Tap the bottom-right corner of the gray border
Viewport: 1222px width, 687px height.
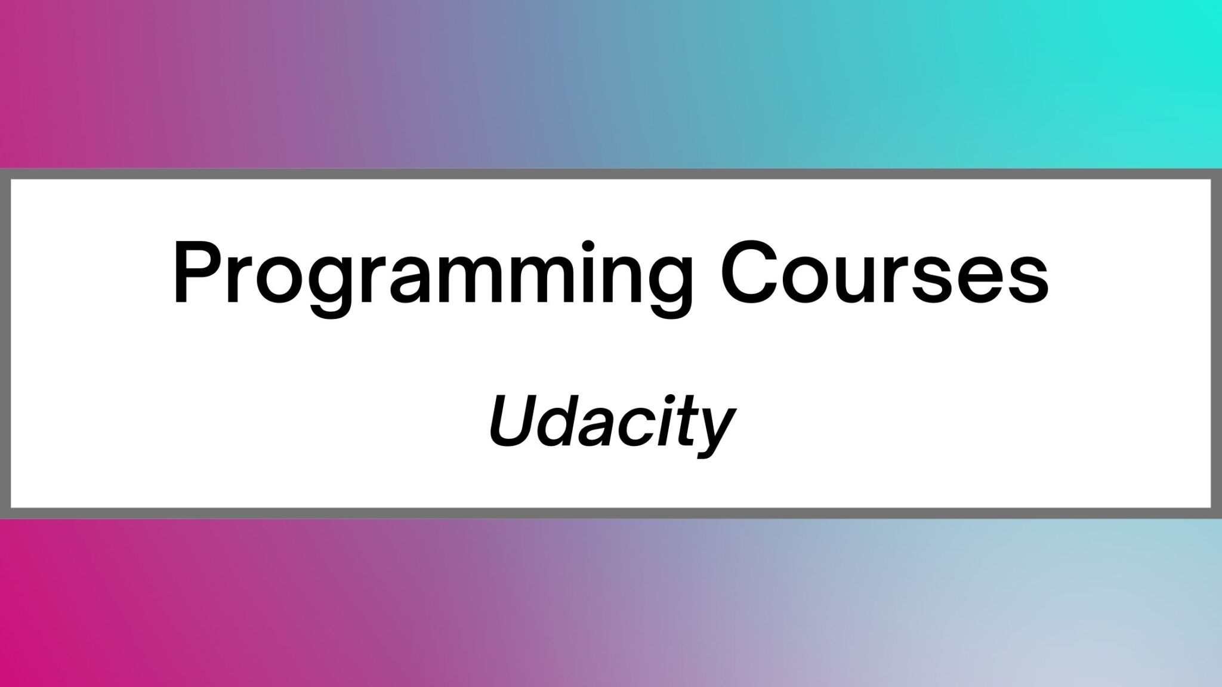click(1217, 513)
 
